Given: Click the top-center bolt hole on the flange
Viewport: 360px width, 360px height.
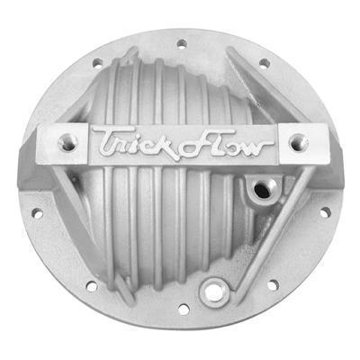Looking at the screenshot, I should [x=181, y=42].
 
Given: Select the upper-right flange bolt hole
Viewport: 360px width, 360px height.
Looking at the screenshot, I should [x=264, y=63].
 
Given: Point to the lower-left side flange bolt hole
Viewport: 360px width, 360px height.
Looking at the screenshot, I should [x=38, y=213].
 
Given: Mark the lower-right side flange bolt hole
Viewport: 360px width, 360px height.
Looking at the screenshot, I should [x=322, y=213].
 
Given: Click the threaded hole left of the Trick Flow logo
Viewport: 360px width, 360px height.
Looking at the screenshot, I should [x=67, y=140].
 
